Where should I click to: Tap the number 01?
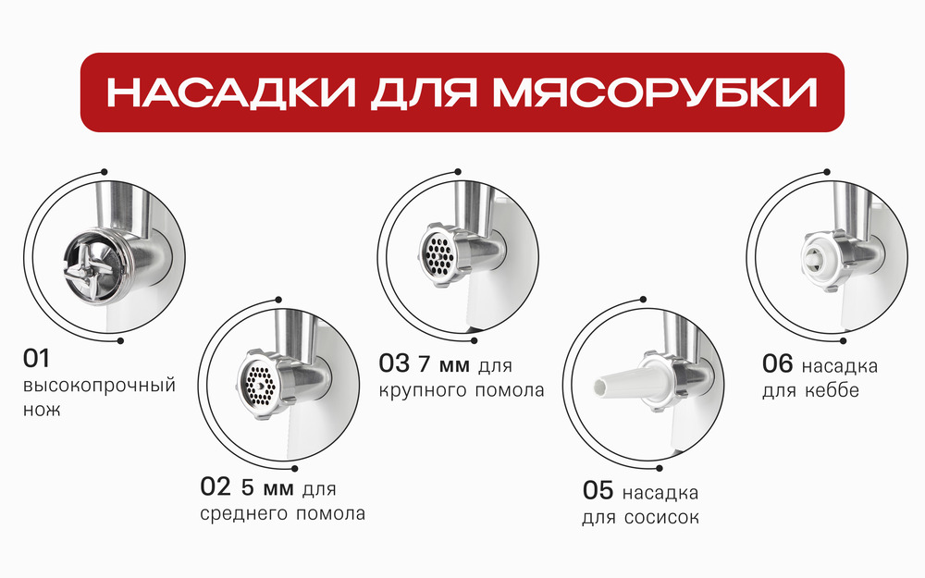point(37,358)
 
